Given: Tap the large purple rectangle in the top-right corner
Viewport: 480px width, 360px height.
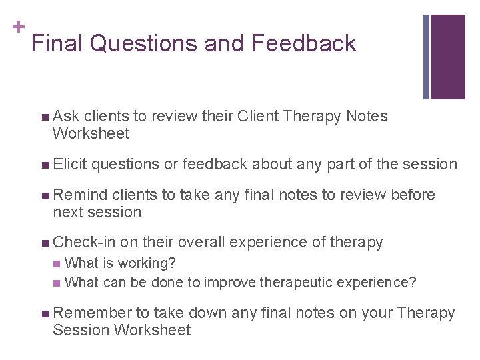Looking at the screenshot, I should tap(447, 57).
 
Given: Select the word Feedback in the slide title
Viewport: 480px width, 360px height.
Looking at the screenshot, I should tap(304, 44).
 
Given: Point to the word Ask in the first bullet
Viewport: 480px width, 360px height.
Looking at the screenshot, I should tap(66, 117).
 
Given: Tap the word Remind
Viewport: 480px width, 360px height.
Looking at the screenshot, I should tap(80, 195).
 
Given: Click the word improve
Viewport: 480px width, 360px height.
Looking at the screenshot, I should tap(229, 283).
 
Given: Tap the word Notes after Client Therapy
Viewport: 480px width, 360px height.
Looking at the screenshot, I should tap(367, 117).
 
